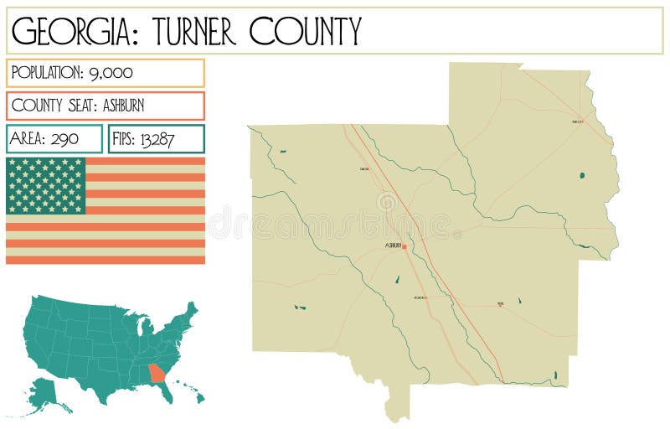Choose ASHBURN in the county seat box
coord(137,106)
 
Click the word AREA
coord(29,139)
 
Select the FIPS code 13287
coord(157,139)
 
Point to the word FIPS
coord(125,139)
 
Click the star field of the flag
coord(46,185)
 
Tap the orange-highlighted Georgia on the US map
coord(157,371)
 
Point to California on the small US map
coord(34,335)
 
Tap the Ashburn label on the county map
coord(393,246)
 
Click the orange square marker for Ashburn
coord(405,247)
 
